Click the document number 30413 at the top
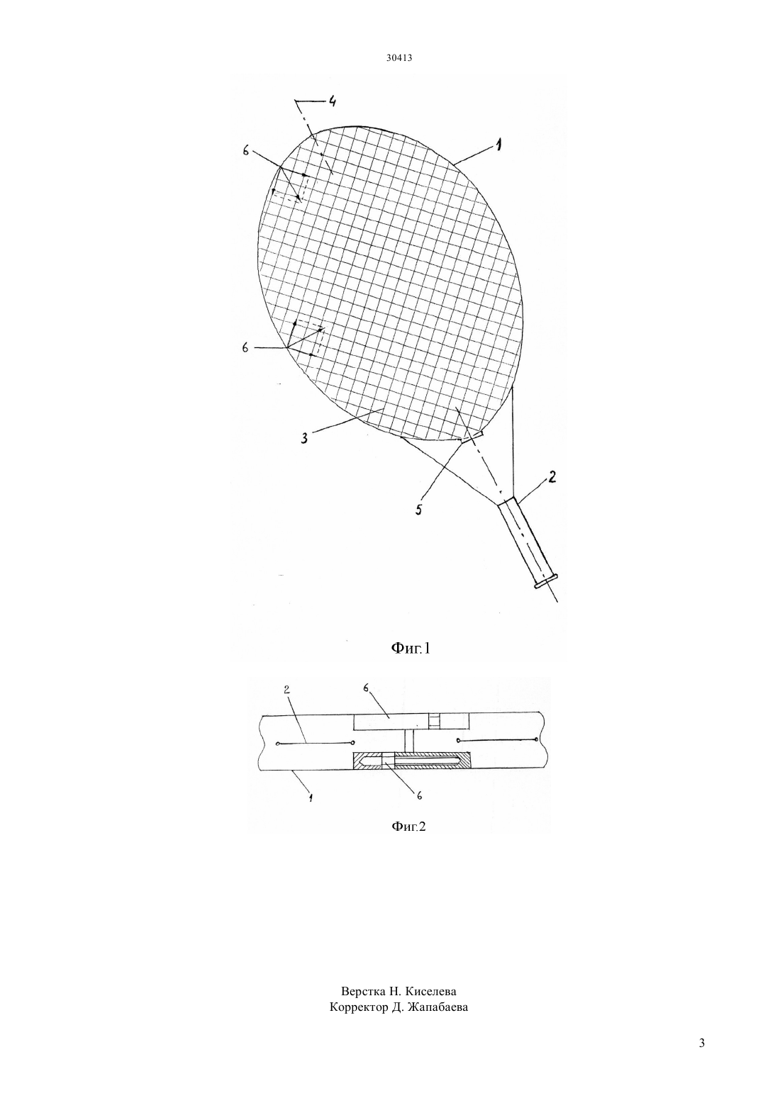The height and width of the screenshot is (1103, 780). (x=399, y=57)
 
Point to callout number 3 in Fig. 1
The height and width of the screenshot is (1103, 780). (x=305, y=438)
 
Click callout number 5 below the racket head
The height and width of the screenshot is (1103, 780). (x=418, y=509)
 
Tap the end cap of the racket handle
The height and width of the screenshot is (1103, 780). (x=545, y=581)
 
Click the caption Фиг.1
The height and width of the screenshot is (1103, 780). (x=411, y=648)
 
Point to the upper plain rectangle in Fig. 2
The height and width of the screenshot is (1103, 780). (x=412, y=722)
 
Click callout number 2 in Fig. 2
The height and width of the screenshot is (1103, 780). (x=286, y=690)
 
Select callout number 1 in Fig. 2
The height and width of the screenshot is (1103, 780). (x=311, y=797)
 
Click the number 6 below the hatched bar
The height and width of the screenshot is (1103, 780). (x=419, y=795)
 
